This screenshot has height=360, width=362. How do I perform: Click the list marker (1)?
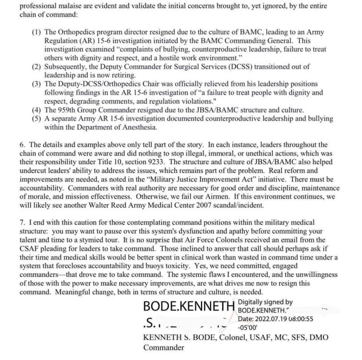(36, 32)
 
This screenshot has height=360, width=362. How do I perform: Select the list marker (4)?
(36, 110)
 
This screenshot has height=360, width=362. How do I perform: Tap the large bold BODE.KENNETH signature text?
(189, 305)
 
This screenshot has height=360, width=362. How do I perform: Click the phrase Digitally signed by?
(265, 302)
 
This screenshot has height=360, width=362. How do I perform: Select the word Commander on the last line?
(164, 348)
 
